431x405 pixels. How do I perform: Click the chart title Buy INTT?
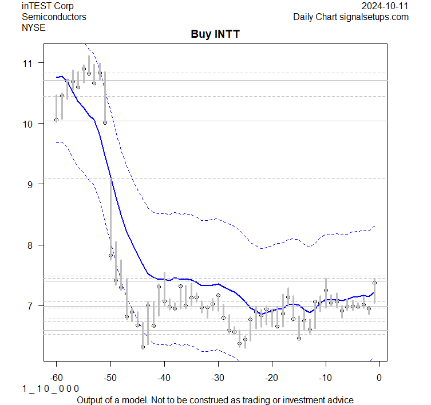(x=215, y=34)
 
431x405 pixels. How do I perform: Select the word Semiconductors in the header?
(x=54, y=17)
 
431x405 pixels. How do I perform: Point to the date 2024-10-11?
(x=385, y=6)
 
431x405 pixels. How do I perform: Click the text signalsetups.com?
(x=375, y=17)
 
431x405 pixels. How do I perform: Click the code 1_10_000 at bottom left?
(x=51, y=388)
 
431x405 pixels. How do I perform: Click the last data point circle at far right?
(x=374, y=282)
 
